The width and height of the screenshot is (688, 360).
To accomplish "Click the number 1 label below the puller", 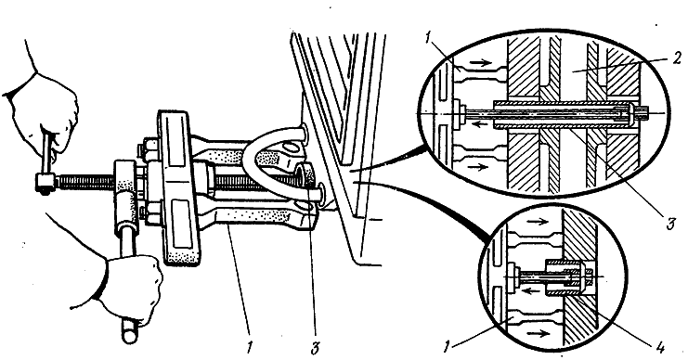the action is [x=249, y=348].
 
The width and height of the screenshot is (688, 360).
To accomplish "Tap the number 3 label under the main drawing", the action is [x=314, y=348].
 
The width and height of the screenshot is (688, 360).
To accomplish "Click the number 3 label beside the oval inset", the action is [x=670, y=224].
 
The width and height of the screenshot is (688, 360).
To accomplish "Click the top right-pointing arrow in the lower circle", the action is [x=535, y=222].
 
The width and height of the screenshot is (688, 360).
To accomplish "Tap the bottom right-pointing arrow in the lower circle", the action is [x=539, y=333].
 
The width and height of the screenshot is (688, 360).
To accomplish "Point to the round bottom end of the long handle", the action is [x=130, y=336].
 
